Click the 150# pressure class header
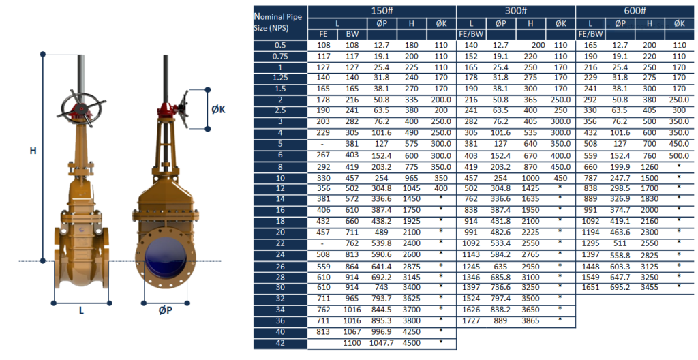382,11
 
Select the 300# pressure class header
515,11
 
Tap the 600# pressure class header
635,11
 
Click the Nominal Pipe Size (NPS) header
278,22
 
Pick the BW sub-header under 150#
352,34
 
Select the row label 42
280,343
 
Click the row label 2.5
280,110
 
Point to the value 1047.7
382,343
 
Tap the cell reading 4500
411,343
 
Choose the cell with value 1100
352,343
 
